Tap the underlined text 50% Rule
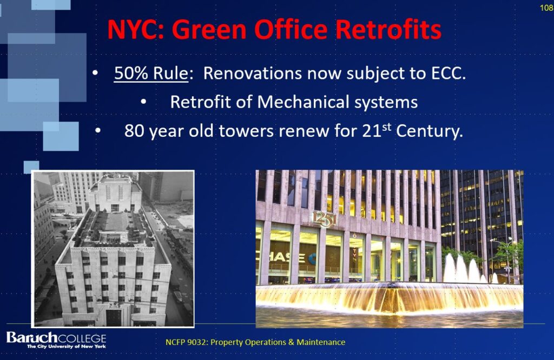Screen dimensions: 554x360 coord(151,74)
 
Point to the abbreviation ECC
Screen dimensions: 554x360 coord(449,74)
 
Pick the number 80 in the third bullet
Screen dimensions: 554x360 coord(134,131)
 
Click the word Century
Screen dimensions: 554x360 coord(429,131)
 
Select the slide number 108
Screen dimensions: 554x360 coord(546,8)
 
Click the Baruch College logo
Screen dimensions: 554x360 coord(56,340)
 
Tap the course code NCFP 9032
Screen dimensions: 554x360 coord(186,342)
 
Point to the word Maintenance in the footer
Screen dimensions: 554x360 coord(321,342)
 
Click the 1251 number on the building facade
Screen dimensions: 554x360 coord(324,219)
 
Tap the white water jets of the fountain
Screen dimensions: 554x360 coord(464,269)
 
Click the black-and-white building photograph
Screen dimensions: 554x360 coord(113,249)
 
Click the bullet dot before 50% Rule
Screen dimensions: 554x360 coord(95,73)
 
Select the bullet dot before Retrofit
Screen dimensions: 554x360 coord(143,102)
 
